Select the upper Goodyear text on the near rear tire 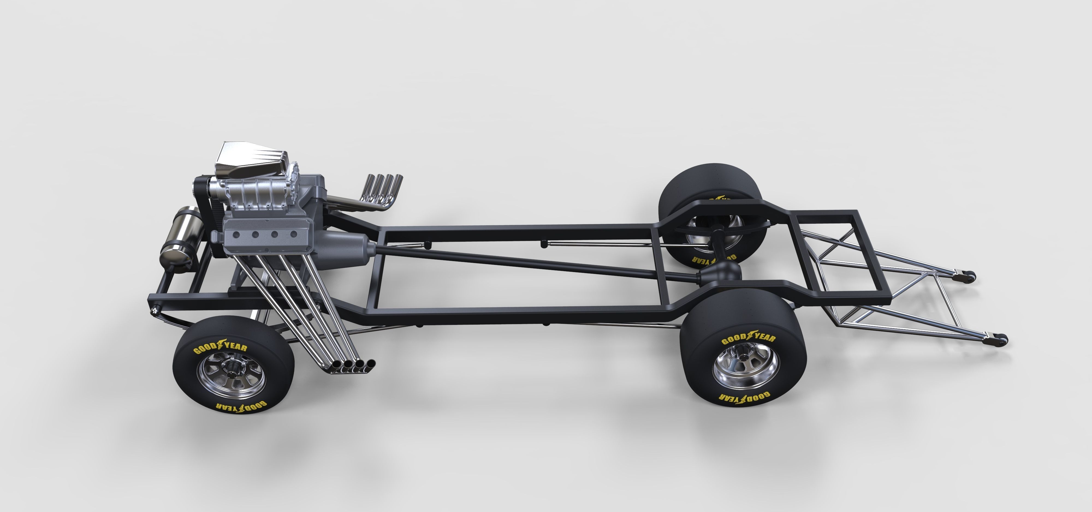[748, 337]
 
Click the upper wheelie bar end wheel [966, 277]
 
